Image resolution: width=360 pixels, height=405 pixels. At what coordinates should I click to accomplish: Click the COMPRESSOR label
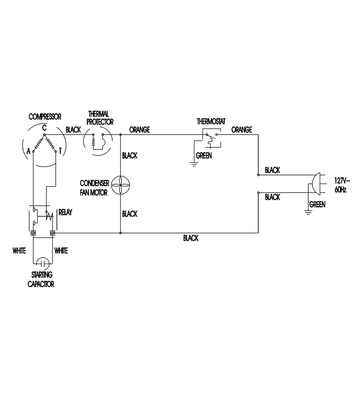(x=45, y=117)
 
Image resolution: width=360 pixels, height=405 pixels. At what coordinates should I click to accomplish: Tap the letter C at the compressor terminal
(x=45, y=128)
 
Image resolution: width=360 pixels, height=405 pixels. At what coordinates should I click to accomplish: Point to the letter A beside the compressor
(x=29, y=151)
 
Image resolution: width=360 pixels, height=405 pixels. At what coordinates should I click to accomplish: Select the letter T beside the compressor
(x=60, y=151)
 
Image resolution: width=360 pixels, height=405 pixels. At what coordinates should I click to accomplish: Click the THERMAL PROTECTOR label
(x=100, y=118)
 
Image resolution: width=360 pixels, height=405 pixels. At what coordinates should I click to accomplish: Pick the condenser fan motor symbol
(x=121, y=185)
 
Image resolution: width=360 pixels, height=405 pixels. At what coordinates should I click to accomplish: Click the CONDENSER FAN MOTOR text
(x=94, y=188)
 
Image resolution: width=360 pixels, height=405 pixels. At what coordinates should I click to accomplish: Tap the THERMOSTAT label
(x=211, y=121)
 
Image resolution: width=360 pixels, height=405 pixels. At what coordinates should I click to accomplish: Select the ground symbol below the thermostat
(x=194, y=164)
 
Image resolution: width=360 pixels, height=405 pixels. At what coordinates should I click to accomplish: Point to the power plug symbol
(x=316, y=184)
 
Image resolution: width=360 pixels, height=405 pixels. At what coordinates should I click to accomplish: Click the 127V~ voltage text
(x=342, y=180)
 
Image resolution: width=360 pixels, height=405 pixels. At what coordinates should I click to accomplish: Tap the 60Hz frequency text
(x=340, y=189)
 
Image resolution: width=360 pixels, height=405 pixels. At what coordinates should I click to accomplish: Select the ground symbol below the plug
(x=308, y=212)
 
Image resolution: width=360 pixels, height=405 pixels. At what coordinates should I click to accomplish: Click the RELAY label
(x=65, y=212)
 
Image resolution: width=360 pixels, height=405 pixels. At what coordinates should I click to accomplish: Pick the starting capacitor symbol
(x=43, y=263)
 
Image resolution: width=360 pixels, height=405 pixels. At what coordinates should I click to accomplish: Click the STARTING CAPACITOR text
(x=41, y=279)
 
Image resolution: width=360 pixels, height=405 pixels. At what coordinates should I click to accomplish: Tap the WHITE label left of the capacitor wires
(x=19, y=251)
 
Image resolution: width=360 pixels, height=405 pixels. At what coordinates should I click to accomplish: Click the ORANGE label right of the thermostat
(x=242, y=130)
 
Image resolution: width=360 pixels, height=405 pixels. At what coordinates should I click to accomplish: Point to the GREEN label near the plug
(x=317, y=205)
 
